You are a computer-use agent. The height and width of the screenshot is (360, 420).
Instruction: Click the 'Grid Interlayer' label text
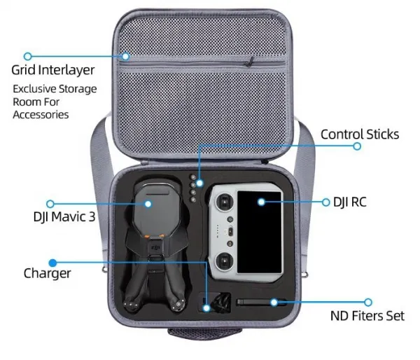pos(53,70)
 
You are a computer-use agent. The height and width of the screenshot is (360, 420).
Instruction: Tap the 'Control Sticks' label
pos(360,134)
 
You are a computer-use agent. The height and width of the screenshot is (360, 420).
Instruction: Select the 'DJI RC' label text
pos(350,202)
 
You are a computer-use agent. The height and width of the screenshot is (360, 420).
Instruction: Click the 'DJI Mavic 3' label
pos(64,216)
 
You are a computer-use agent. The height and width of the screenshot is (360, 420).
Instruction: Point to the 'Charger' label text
pos(47,273)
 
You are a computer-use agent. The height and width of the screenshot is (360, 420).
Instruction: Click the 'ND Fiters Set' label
pos(367,316)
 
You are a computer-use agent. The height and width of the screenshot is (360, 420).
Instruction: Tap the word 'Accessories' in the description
pos(41,115)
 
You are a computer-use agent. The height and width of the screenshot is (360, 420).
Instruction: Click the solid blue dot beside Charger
pos(52,263)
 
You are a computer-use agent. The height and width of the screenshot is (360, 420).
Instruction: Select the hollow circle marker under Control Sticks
pos(357,146)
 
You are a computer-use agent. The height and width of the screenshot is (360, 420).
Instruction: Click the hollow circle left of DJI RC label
pos(325,202)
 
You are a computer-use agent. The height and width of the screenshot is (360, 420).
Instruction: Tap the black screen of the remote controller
pos(259,232)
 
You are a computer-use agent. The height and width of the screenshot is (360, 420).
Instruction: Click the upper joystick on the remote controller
pos(225,202)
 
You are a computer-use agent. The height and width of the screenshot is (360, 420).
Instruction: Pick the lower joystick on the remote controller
pos(225,261)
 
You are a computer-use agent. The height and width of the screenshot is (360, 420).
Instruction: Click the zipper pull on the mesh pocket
pos(250,62)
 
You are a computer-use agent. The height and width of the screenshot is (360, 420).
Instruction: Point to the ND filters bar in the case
pos(261,303)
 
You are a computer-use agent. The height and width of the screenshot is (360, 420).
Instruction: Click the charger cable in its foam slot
pos(220,303)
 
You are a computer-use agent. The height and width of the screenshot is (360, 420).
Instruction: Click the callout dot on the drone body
pos(148,204)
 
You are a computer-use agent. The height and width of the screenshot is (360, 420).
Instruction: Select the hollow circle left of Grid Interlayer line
pos(27,56)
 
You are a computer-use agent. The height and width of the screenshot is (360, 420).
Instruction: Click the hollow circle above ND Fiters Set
pos(368,303)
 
